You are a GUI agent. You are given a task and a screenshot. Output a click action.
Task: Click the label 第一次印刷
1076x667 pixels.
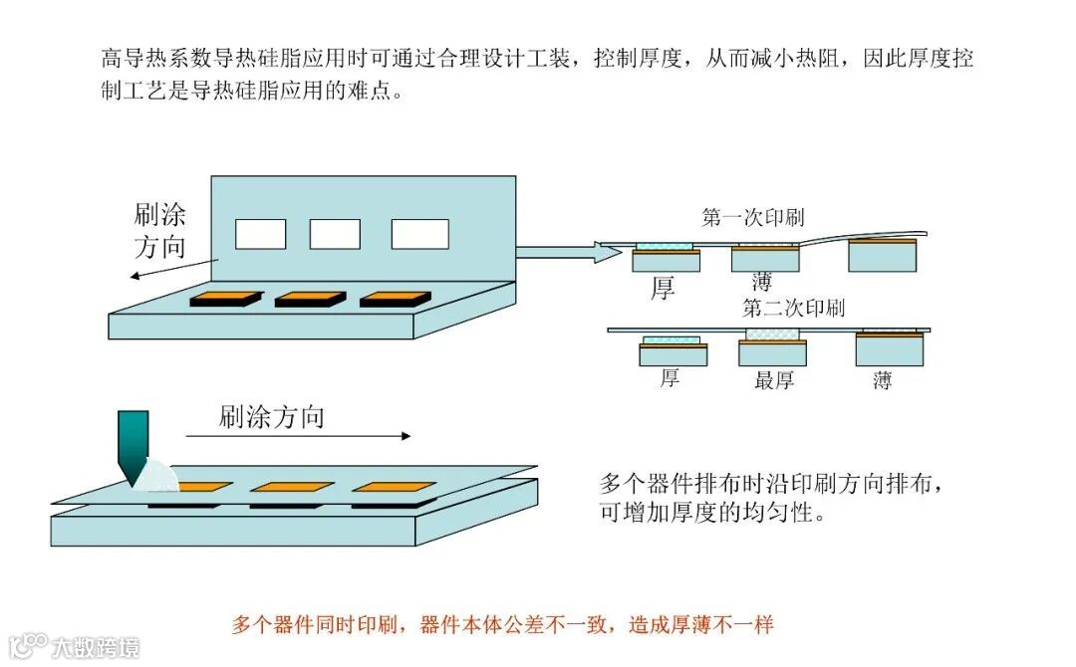pos(753,218)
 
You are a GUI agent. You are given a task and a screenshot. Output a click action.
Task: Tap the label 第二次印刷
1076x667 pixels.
pos(793,308)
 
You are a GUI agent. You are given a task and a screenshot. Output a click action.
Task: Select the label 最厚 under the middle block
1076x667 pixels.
pos(775,379)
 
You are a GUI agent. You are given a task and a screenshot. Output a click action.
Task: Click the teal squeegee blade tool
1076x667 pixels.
pos(133,444)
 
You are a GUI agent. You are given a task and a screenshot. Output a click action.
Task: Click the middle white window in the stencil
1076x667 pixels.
pos(335,234)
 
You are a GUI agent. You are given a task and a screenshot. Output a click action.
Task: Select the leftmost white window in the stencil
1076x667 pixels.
pos(260,234)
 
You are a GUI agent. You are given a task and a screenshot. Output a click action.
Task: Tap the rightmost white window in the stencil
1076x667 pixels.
pos(419,234)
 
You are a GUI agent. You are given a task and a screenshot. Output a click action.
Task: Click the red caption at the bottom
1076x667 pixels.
pos(502,625)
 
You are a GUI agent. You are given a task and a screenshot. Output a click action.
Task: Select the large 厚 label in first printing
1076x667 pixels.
pos(663,289)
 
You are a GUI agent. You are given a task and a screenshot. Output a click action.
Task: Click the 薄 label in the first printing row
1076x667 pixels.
pos(762,282)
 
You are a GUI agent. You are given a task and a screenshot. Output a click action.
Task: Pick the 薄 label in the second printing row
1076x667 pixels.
pos(883,379)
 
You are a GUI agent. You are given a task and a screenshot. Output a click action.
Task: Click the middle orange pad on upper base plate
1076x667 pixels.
pos(310,298)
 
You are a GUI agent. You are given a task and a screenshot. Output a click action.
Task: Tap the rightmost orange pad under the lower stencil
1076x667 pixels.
pos(395,487)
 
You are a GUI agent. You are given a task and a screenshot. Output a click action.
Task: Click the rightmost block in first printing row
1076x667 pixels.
pos(883,257)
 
